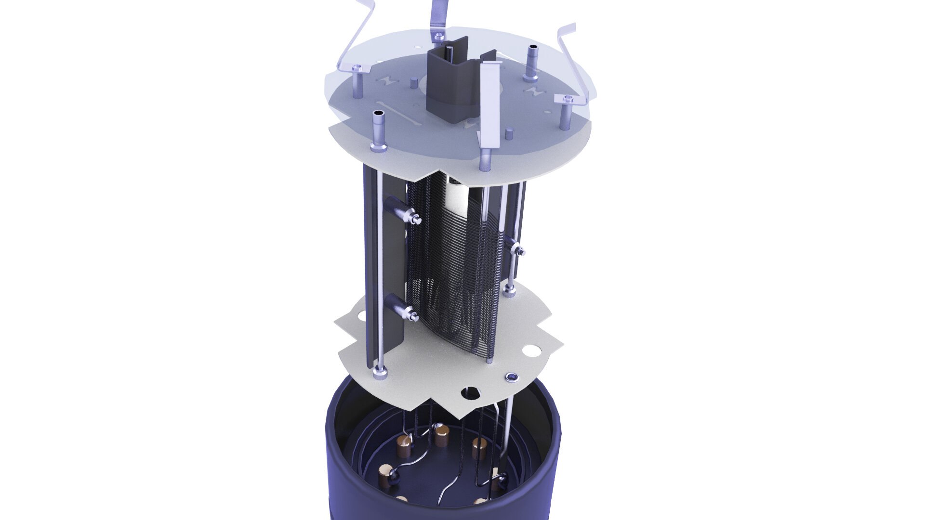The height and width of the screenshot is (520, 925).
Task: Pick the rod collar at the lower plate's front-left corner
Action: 380,371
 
